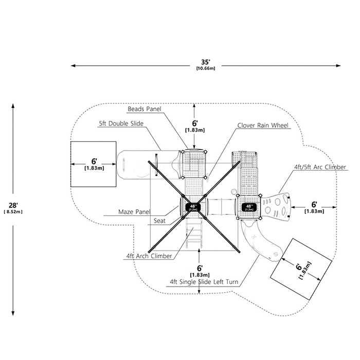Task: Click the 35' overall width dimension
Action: coord(206,62)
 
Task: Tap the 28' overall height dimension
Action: coord(13,205)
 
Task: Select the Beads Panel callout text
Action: coord(145,109)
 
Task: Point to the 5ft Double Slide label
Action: coord(121,123)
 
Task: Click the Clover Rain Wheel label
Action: coord(263,125)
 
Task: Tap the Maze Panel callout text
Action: coord(134,212)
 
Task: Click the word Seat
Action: coord(159,221)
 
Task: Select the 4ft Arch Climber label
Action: coord(149,256)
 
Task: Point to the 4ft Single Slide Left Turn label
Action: coord(204,282)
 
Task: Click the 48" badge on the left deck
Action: coord(193,207)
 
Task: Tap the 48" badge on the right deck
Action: coord(249,207)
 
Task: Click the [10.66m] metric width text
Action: coord(206,68)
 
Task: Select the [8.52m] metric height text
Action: coord(13,212)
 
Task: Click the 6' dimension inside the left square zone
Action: coord(94,161)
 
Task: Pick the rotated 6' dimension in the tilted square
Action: coord(299,267)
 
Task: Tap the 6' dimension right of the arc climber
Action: coord(314,204)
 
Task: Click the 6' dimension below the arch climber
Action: coord(200,268)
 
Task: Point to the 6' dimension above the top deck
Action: coord(195,123)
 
